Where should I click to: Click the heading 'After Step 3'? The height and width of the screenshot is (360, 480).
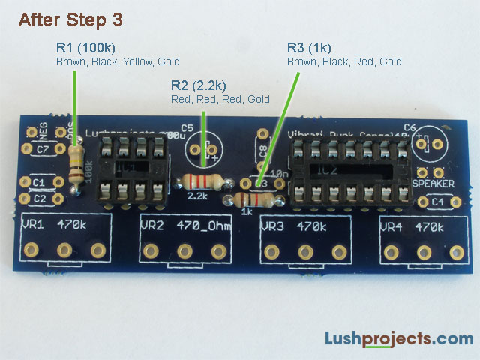click(x=70, y=19)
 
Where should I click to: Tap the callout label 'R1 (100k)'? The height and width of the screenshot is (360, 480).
click(x=86, y=47)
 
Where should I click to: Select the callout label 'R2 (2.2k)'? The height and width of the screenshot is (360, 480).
click(x=199, y=85)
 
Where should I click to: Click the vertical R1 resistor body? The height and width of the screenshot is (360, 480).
click(x=75, y=166)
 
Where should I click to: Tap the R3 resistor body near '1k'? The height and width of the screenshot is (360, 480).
click(x=253, y=199)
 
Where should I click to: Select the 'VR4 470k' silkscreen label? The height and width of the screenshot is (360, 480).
click(x=412, y=226)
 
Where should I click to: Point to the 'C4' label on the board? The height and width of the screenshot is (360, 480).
click(x=437, y=202)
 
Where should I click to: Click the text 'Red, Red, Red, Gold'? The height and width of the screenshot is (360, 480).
click(x=220, y=99)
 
